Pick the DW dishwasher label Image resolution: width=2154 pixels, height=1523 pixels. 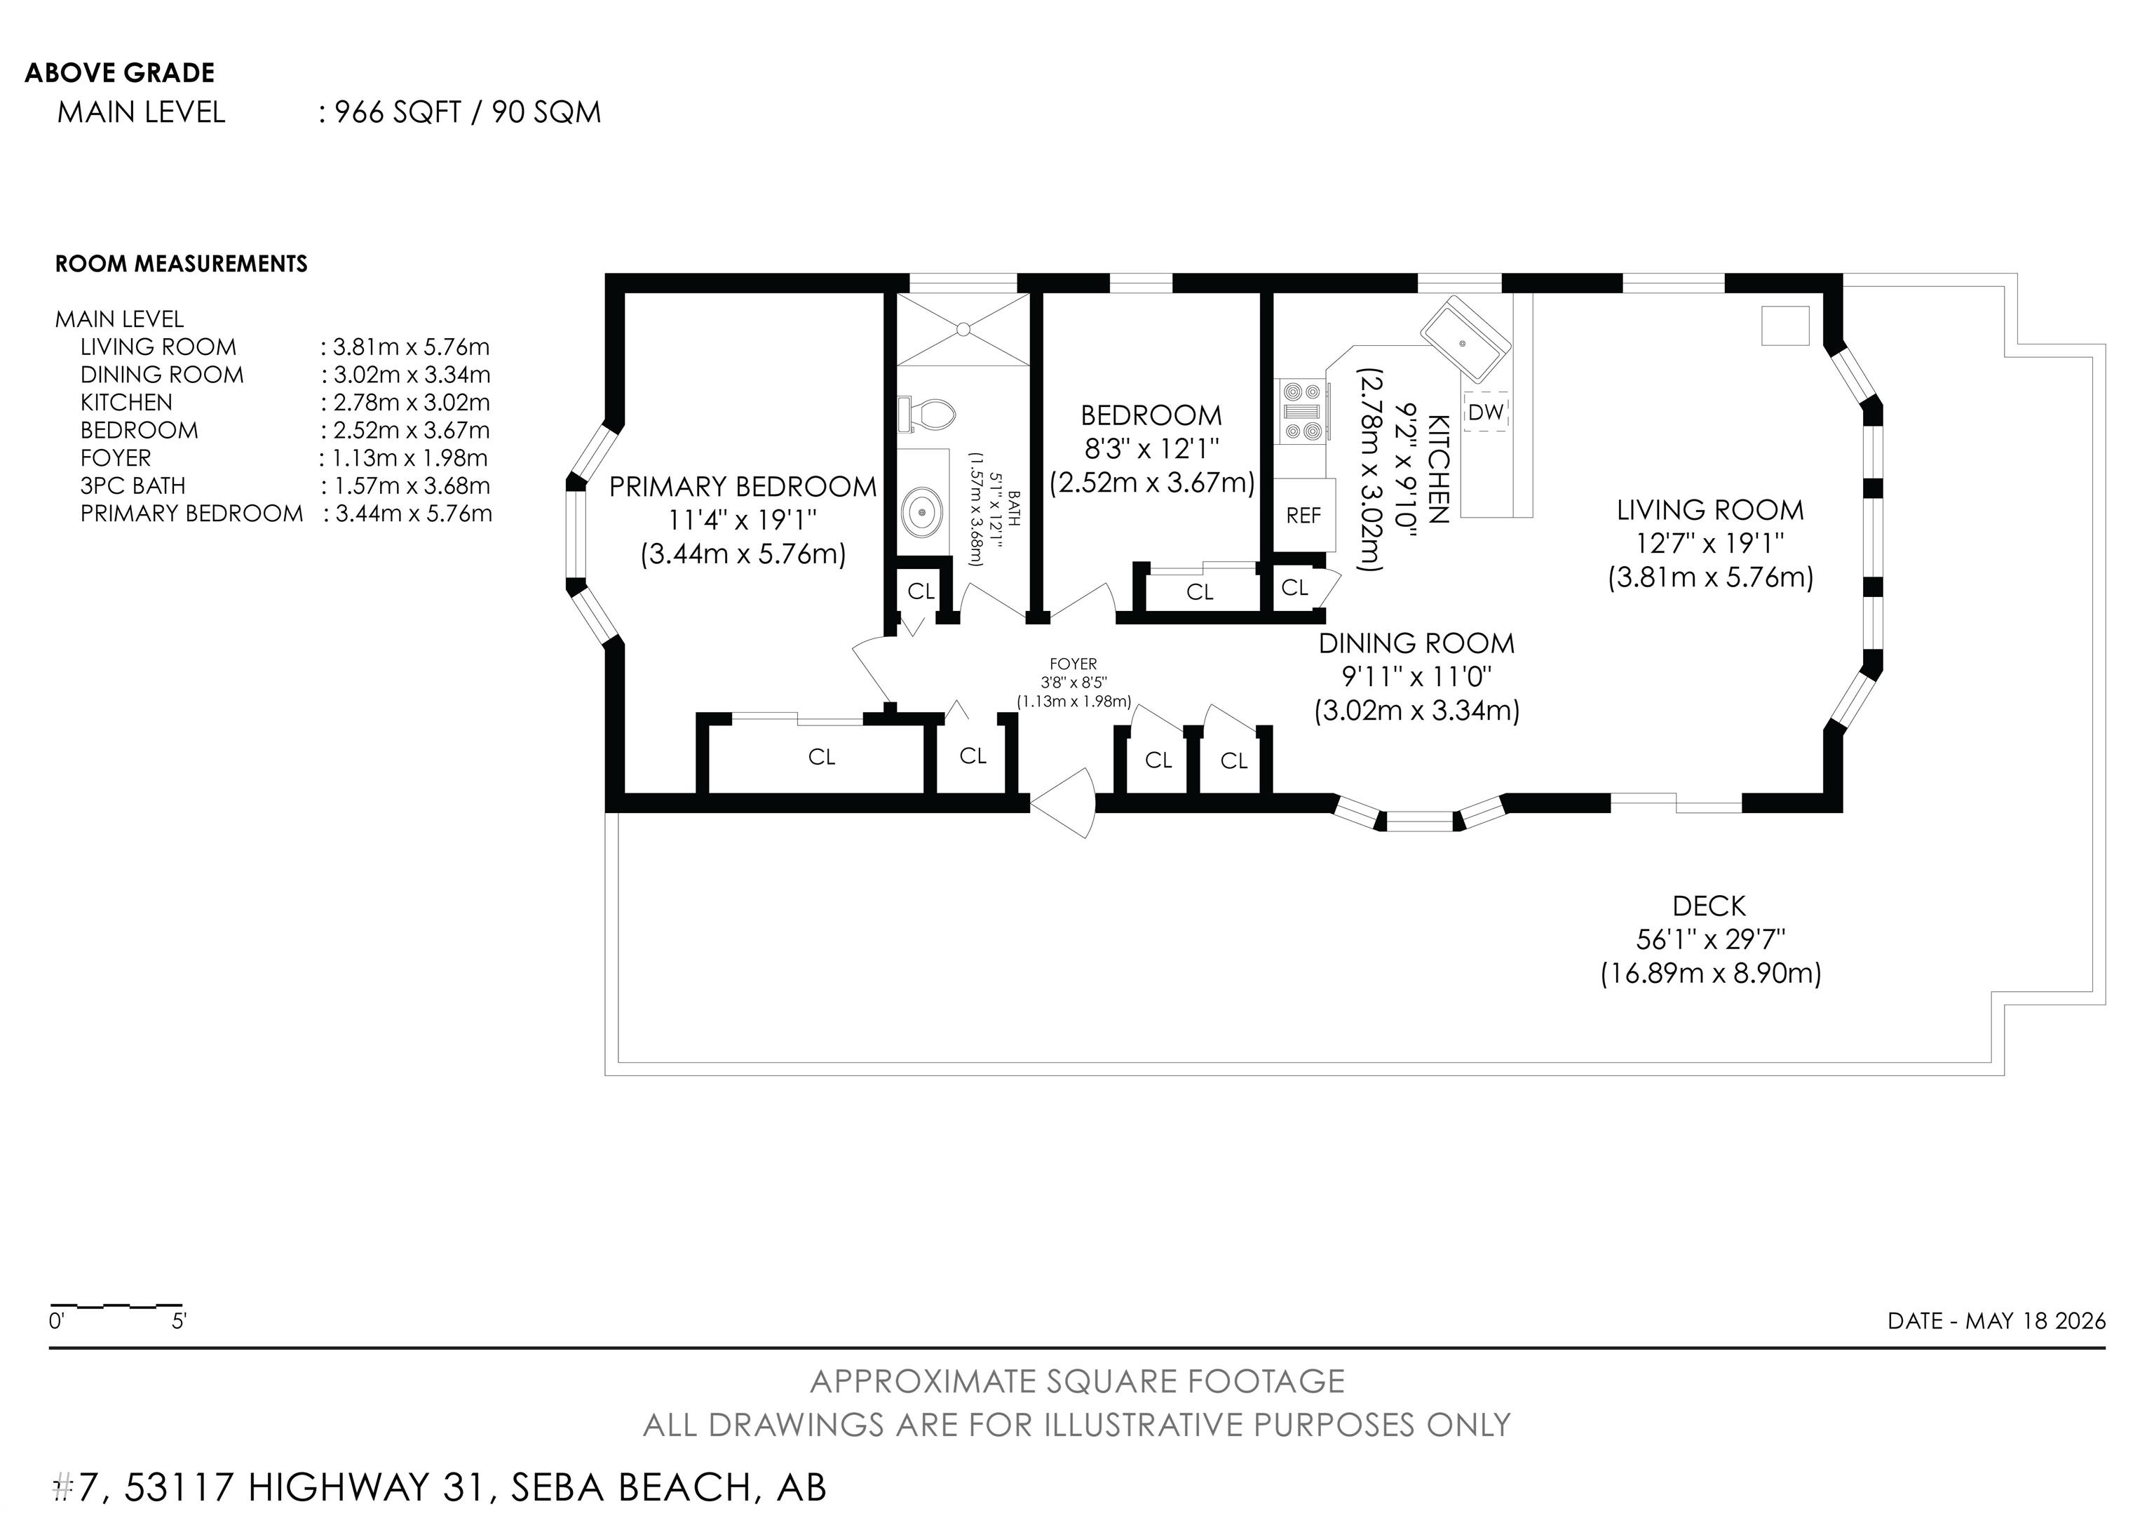[x=1486, y=412]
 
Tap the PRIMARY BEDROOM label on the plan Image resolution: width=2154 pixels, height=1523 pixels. [x=743, y=486]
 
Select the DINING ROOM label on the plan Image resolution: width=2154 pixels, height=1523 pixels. [x=1416, y=644]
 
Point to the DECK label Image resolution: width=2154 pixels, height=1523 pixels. [x=1709, y=906]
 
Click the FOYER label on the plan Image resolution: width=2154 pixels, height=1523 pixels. [x=1073, y=664]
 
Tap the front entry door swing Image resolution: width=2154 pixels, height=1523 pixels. [x=1063, y=803]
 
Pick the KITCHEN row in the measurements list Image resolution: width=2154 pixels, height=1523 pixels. [x=285, y=403]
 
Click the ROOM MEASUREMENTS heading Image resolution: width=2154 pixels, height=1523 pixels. [x=181, y=264]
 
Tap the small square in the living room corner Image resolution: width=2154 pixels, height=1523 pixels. [x=1785, y=326]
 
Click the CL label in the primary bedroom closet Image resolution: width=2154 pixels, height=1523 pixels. [x=822, y=757]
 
